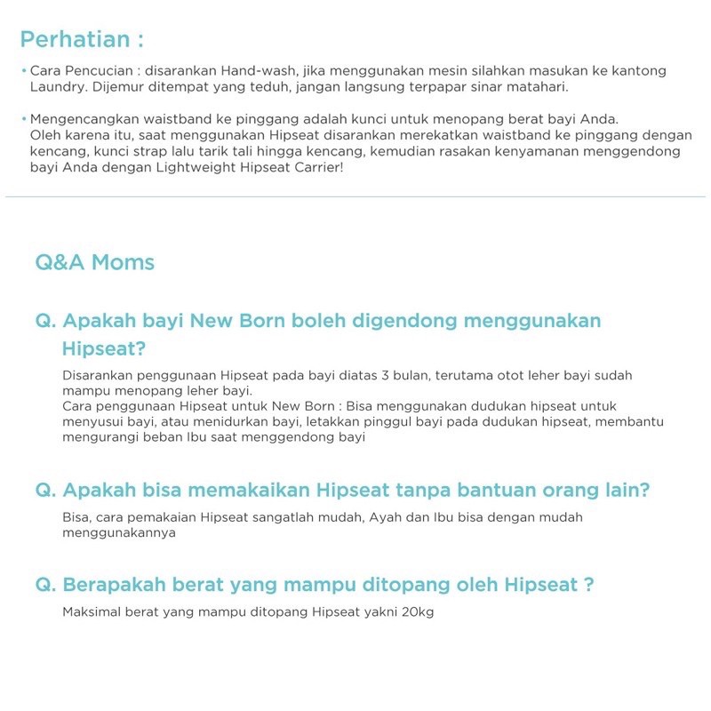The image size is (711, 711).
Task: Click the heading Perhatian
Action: click(81, 41)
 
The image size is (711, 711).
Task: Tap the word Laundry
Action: click(55, 87)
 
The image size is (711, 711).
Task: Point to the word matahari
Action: click(530, 87)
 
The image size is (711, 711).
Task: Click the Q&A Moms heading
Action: click(95, 262)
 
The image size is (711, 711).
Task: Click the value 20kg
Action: click(418, 613)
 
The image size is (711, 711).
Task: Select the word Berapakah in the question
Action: click(115, 585)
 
